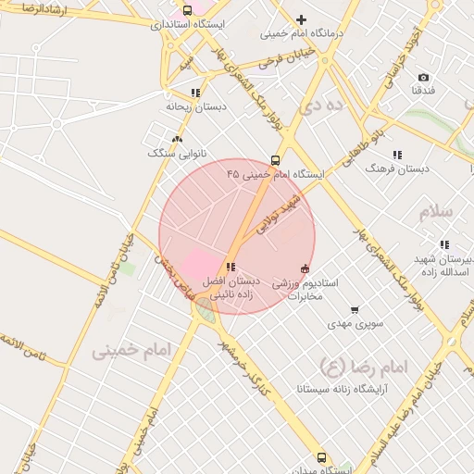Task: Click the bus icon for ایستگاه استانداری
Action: pyautogui.click(x=188, y=10)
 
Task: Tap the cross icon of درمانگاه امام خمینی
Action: pyautogui.click(x=301, y=19)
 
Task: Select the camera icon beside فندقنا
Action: pyautogui.click(x=423, y=78)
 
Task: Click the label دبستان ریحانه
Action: pyautogui.click(x=195, y=106)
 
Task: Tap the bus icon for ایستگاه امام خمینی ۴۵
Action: pyautogui.click(x=275, y=160)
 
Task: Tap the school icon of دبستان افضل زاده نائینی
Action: pyautogui.click(x=231, y=268)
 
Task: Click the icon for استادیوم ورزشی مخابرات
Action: pyautogui.click(x=305, y=268)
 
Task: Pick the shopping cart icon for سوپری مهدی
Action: pyautogui.click(x=354, y=311)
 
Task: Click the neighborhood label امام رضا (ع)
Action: pyautogui.click(x=363, y=367)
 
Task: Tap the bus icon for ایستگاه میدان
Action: pyautogui.click(x=321, y=457)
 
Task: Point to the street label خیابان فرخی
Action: pyautogui.click(x=282, y=61)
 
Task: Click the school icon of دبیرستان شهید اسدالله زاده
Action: pyautogui.click(x=444, y=244)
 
